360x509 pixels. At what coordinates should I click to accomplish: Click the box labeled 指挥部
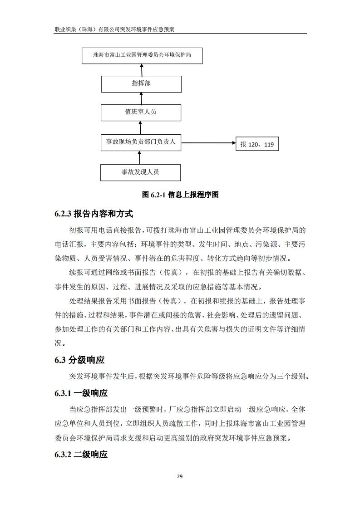[141, 84]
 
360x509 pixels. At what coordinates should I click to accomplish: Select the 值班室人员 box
[141, 112]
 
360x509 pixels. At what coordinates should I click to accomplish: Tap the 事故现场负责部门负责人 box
[141, 142]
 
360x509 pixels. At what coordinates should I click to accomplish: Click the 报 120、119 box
[257, 144]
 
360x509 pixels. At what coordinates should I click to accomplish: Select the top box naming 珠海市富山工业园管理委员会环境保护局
[142, 55]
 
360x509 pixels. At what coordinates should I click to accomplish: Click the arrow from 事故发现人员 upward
[140, 157]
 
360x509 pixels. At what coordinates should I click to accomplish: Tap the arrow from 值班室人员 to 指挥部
[141, 98]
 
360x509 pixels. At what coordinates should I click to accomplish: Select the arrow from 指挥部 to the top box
[141, 69]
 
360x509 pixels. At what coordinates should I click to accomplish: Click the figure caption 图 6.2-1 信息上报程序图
[180, 195]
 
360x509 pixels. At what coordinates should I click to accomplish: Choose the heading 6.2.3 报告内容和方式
[94, 214]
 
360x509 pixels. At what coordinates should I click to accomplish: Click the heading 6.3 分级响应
[79, 360]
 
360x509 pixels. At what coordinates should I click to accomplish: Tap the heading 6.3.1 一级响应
[81, 393]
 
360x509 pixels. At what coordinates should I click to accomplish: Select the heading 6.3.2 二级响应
[81, 455]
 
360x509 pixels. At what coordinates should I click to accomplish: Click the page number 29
[180, 476]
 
